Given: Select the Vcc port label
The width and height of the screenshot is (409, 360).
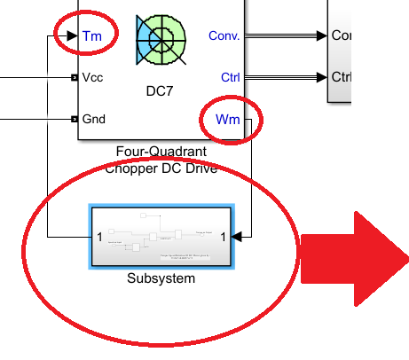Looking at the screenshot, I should coord(92,77).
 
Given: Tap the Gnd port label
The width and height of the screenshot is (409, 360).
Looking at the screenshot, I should coord(94,119).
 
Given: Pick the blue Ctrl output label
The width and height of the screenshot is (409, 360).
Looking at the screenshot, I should coord(230,77).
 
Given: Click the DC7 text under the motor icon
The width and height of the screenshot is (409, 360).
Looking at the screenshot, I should coord(161,90).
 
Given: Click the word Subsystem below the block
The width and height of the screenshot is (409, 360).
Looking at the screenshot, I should coord(161,278).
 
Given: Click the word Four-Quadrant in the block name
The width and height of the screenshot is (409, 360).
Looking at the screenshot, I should coord(161,153).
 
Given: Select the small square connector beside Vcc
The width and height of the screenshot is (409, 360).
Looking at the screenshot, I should coord(75,77).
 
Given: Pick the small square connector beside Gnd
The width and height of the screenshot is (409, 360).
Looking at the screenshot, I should coord(75,119).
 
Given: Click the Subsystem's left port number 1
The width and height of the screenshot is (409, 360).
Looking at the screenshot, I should coord(99,237).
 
